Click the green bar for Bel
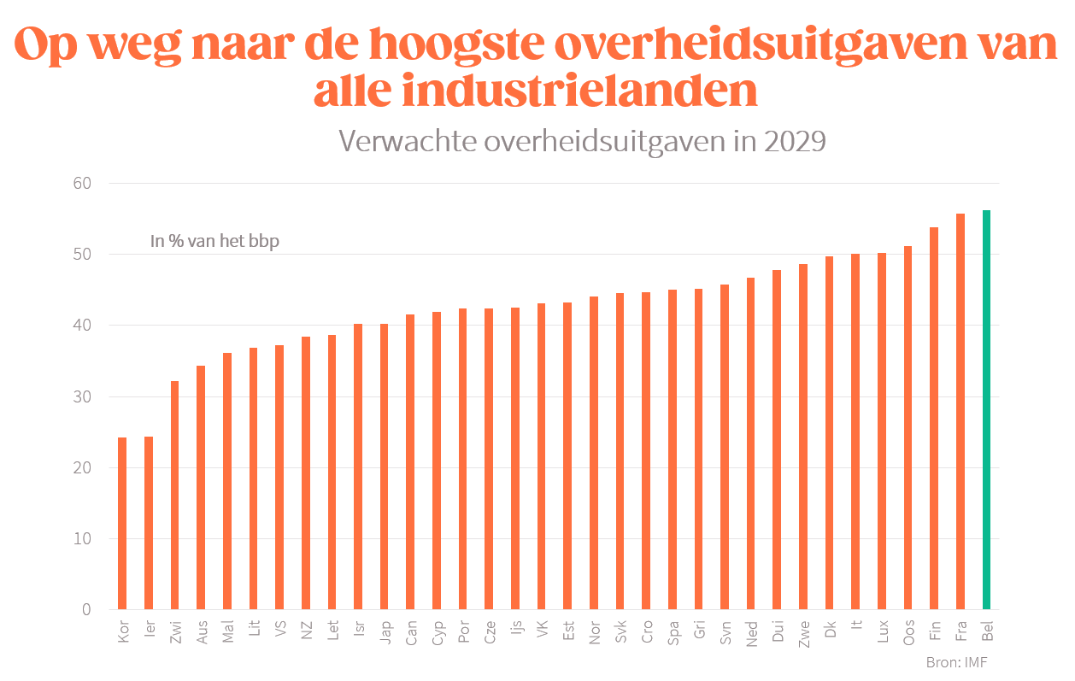point(986,410)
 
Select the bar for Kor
point(122,524)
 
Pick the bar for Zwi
point(174,496)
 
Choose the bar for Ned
point(751,443)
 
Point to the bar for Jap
point(385,467)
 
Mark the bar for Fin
point(934,419)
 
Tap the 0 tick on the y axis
point(86,610)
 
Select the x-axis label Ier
point(149,633)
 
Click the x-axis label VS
point(279,632)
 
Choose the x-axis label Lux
point(882,633)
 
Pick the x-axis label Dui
point(777,633)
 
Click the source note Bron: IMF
point(956,662)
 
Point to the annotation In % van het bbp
point(214,242)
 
